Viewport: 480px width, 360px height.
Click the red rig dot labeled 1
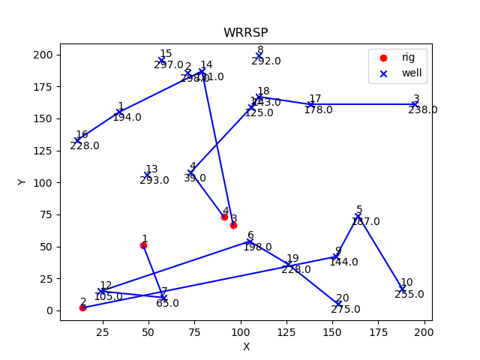tap(143, 245)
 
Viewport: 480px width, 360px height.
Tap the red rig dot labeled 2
tap(82, 307)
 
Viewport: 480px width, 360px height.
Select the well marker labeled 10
tap(402, 289)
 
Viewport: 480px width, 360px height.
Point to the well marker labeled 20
tap(339, 304)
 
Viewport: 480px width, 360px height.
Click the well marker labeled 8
tap(259, 56)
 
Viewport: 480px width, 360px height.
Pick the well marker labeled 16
tap(77, 140)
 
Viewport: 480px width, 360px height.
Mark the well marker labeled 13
tap(147, 175)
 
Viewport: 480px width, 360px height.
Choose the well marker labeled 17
tap(310, 105)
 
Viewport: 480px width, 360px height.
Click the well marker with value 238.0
tap(415, 104)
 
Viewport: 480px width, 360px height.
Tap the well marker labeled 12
tap(101, 291)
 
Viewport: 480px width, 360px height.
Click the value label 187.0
tap(365, 222)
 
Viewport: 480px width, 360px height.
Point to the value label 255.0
tap(409, 295)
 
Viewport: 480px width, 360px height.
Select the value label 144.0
tap(343, 262)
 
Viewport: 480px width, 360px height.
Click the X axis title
tap(245, 346)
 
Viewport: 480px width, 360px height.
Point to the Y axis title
tap(22, 181)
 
